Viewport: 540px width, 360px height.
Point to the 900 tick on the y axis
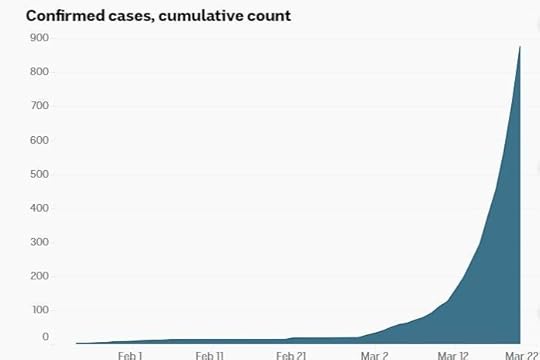pyautogui.click(x=40, y=37)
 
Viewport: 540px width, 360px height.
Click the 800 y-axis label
pyautogui.click(x=40, y=72)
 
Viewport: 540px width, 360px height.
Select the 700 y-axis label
pyautogui.click(x=40, y=105)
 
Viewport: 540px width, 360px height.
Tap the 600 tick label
pyautogui.click(x=40, y=139)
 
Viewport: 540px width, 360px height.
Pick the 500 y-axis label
pyautogui.click(x=40, y=173)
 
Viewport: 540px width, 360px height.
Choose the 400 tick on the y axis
pyautogui.click(x=40, y=207)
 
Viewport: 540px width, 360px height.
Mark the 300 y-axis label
pyautogui.click(x=40, y=241)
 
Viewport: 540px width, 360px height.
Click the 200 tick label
pyautogui.click(x=40, y=275)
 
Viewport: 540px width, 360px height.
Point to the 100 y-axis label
pyautogui.click(x=40, y=309)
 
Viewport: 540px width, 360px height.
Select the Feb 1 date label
pyautogui.click(x=130, y=354)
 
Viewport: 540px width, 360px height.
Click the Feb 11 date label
pyautogui.click(x=210, y=354)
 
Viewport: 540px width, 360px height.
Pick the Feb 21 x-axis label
pyautogui.click(x=291, y=354)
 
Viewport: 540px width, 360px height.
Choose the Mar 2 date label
pyautogui.click(x=374, y=354)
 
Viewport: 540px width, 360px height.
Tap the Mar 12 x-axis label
pyautogui.click(x=453, y=354)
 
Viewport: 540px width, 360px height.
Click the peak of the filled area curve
pyautogui.click(x=520, y=46)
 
